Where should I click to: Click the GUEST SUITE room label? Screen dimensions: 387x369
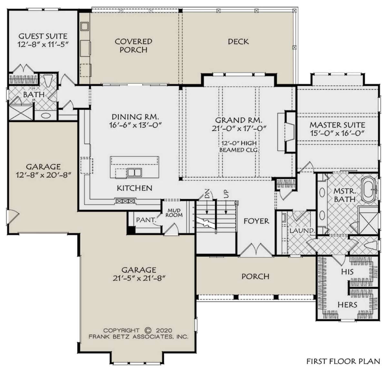coord(43,36)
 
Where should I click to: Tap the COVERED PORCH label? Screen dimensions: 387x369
coord(134,45)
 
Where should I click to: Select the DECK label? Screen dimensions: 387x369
coord(238,42)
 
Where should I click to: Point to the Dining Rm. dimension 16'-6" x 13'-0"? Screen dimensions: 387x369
coord(135,125)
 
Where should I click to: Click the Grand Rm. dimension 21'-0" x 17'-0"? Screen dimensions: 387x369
coord(239,129)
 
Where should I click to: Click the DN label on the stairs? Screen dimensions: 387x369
coord(207,193)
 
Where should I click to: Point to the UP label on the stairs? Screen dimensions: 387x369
coord(226,194)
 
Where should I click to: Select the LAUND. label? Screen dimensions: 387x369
coord(302,231)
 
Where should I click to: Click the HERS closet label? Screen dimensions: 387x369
coord(347,305)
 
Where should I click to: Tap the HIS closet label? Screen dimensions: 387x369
coord(347,272)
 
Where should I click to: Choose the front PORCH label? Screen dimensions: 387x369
coord(255,276)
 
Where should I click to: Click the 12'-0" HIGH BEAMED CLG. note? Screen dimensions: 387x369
coord(239,146)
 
